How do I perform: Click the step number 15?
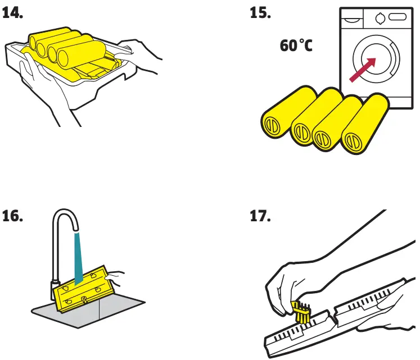click(260, 13)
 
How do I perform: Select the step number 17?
click(260, 216)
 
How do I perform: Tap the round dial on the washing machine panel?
click(381, 18)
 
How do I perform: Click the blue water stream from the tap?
click(78, 253)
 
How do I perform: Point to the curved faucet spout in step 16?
click(64, 222)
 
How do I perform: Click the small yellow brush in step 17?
click(301, 312)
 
